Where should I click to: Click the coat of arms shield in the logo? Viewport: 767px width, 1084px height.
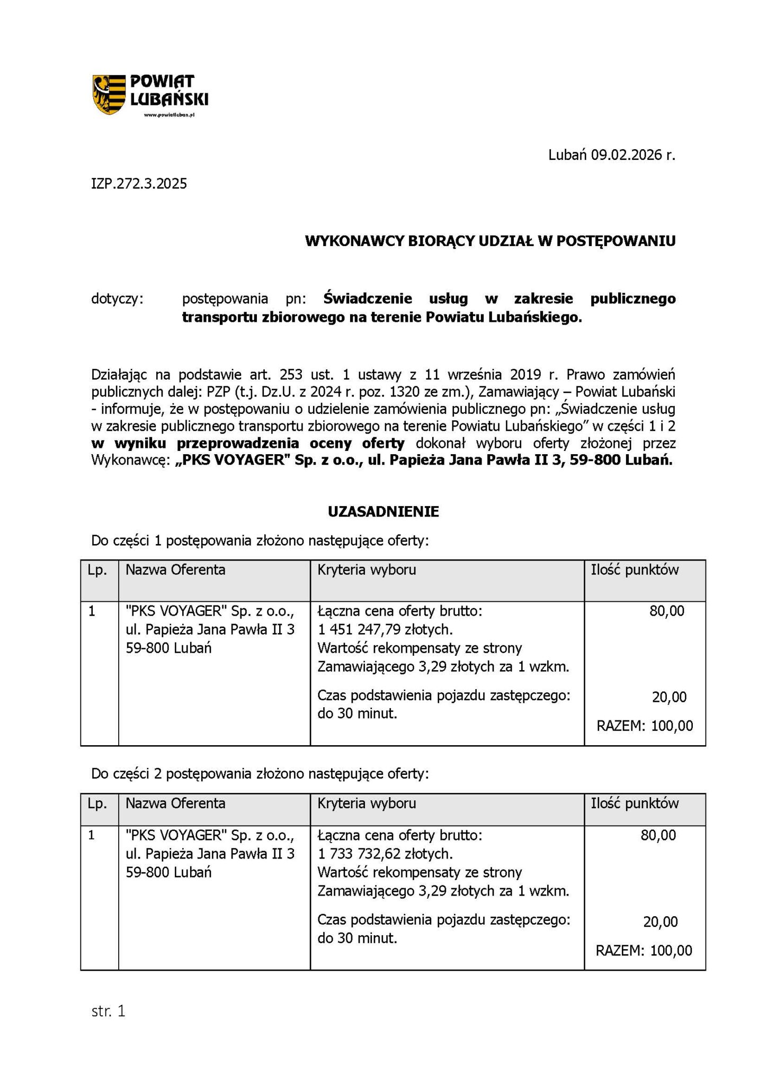[109, 94]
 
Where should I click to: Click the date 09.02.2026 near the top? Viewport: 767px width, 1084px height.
[627, 155]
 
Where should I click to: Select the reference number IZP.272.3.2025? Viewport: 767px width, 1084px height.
[139, 184]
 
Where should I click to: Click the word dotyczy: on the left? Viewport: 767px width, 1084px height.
[117, 299]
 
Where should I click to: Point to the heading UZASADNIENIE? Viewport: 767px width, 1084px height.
[383, 512]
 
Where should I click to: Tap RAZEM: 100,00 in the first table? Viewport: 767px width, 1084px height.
[644, 726]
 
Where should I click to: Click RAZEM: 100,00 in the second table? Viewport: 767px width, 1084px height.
[644, 951]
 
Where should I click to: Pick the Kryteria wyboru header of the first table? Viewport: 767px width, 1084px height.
[367, 570]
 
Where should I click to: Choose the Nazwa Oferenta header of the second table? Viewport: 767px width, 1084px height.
[175, 803]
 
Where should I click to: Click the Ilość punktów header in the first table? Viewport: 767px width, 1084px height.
[635, 570]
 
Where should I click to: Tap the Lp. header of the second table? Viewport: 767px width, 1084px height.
[97, 803]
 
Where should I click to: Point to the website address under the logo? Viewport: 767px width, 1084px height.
[170, 115]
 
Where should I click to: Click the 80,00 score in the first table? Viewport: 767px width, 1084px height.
[667, 611]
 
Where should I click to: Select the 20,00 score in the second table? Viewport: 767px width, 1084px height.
[660, 922]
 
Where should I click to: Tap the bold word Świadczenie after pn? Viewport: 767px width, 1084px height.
[368, 299]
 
